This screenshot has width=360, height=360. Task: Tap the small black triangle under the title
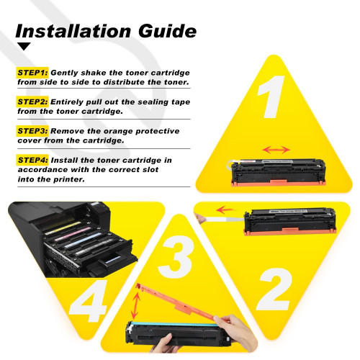tap(24, 47)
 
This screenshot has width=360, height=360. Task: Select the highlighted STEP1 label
tap(32, 73)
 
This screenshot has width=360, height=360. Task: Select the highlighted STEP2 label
tap(32, 102)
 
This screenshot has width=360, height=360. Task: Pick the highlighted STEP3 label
tap(32, 130)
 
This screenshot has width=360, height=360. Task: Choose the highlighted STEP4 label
tap(32, 159)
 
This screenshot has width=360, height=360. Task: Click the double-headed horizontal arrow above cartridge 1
tap(276, 150)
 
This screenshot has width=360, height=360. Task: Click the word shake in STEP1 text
tap(84, 73)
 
